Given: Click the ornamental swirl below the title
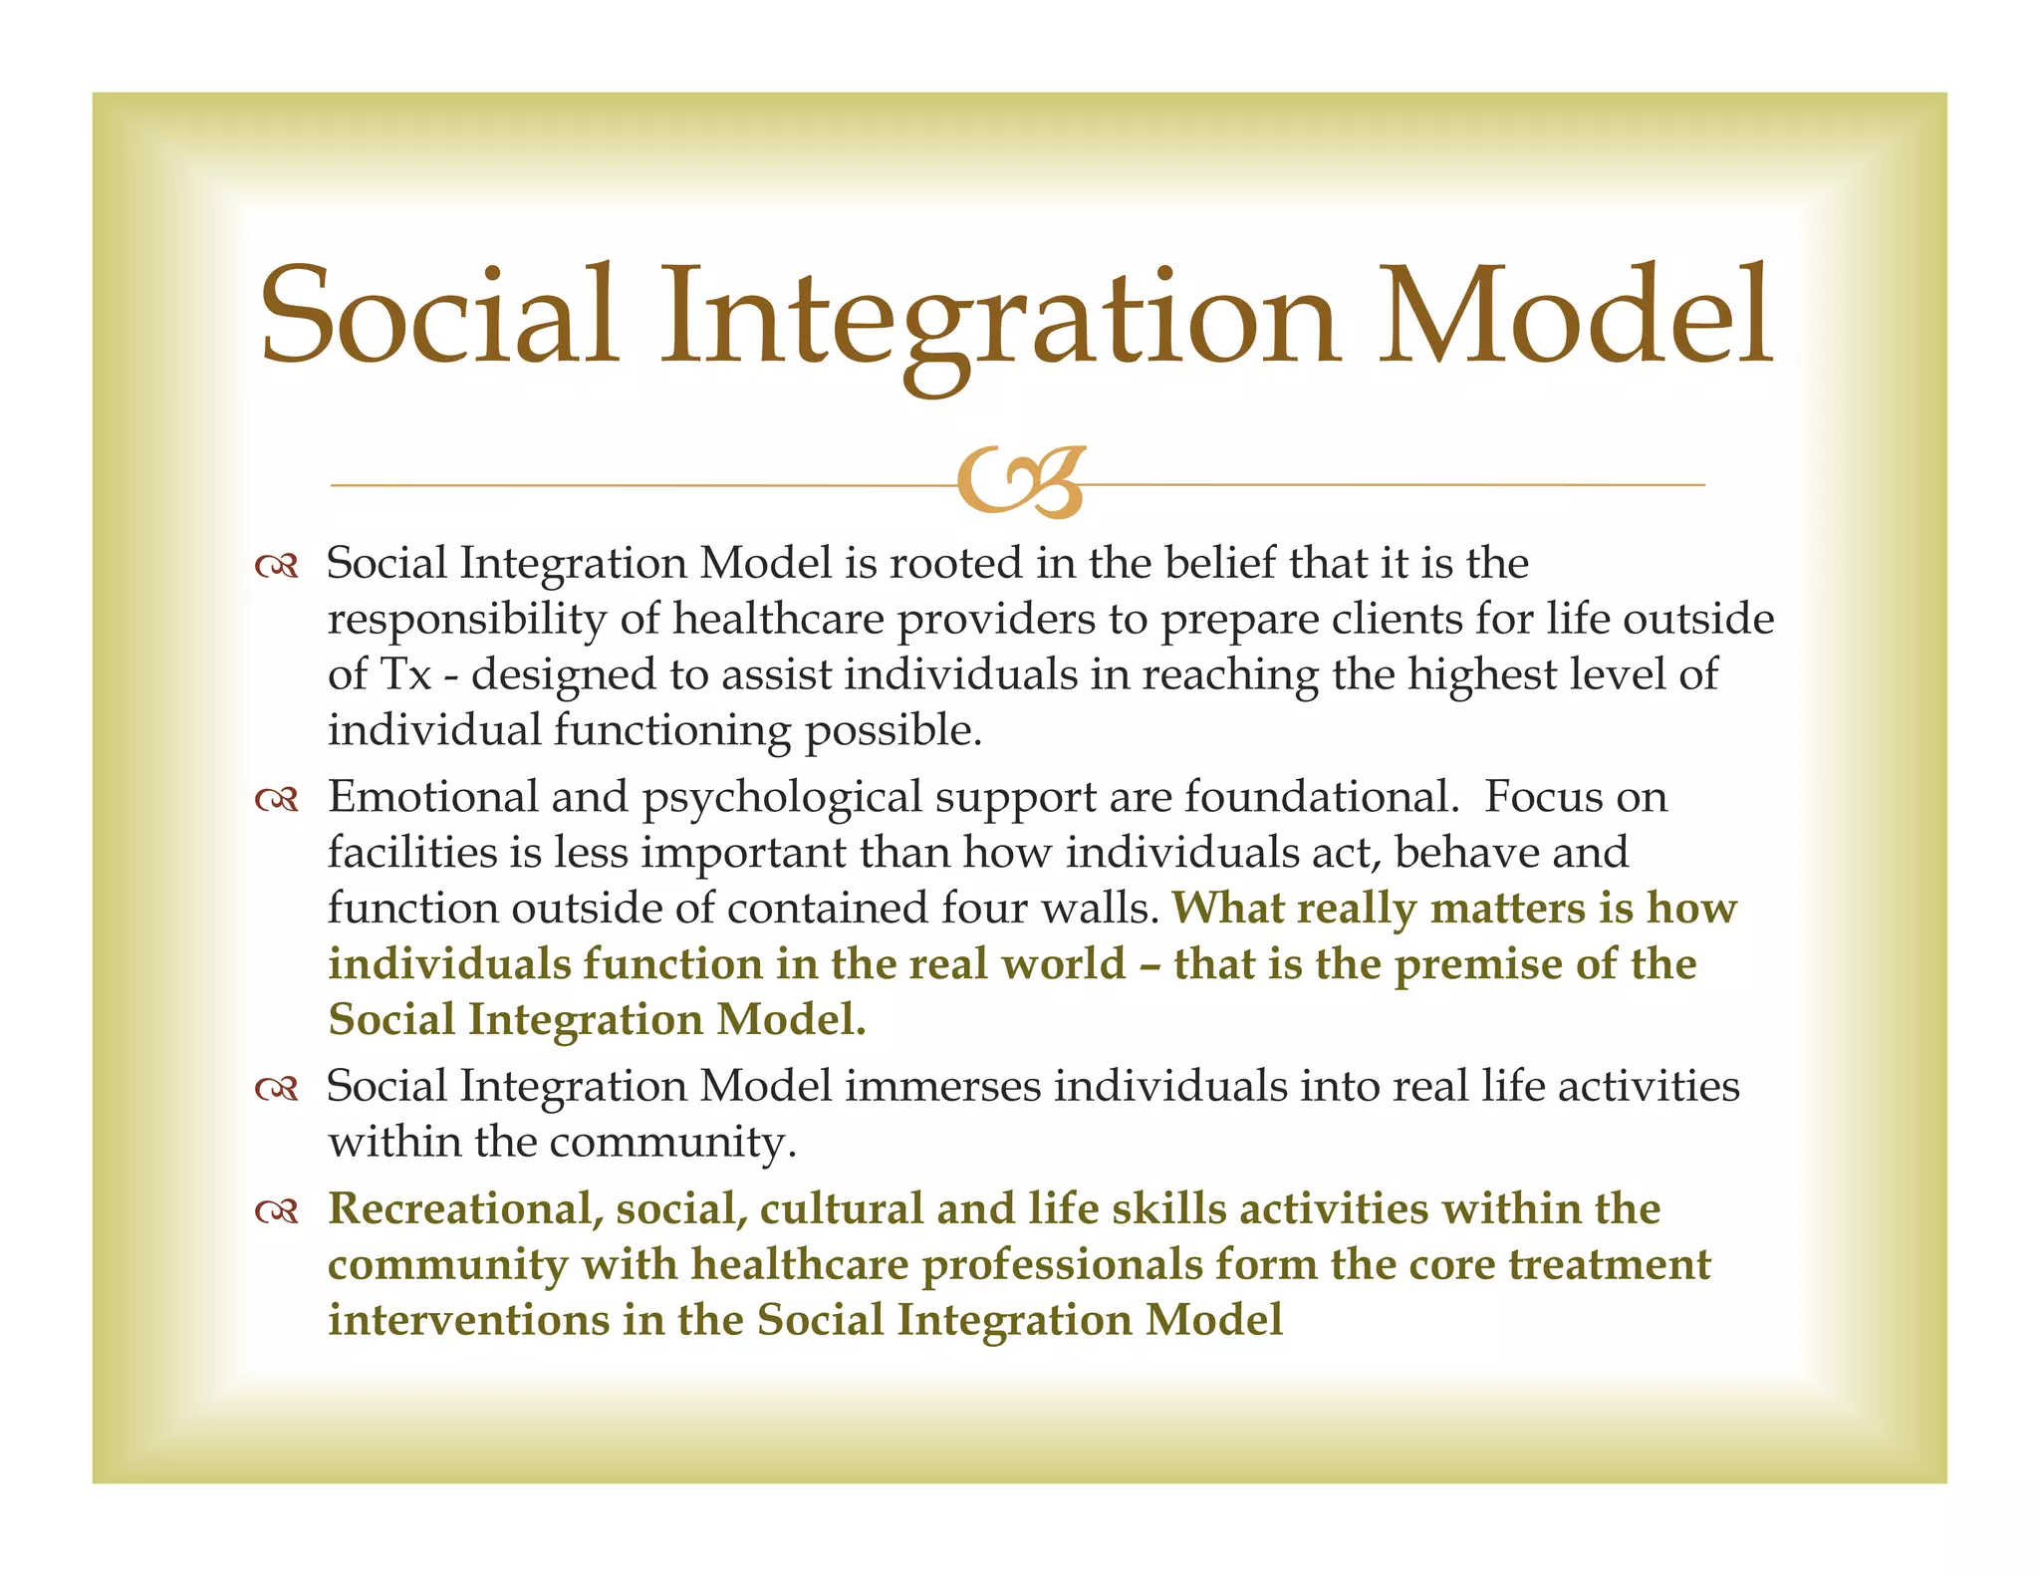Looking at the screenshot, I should (x=1020, y=482).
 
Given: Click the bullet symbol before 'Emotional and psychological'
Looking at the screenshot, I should (x=276, y=800).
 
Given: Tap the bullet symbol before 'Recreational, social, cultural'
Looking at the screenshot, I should (x=276, y=1211).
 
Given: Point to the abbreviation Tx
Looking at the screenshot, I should (x=406, y=674).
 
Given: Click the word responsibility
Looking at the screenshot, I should (x=466, y=620).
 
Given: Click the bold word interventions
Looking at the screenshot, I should (x=468, y=1320).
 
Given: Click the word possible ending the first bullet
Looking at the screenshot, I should (x=892, y=731).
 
